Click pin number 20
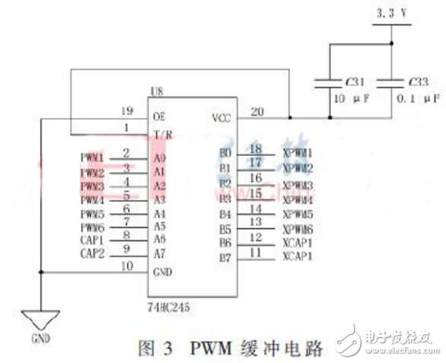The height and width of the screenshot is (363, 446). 257,111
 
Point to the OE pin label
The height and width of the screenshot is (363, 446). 159,117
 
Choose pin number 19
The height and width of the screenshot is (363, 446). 126,111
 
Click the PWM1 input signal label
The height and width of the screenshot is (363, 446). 92,157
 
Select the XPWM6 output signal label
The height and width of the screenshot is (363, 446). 298,229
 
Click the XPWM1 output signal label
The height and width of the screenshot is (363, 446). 298,153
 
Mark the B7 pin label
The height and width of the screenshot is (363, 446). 225,257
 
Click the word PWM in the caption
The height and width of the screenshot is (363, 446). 199,349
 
